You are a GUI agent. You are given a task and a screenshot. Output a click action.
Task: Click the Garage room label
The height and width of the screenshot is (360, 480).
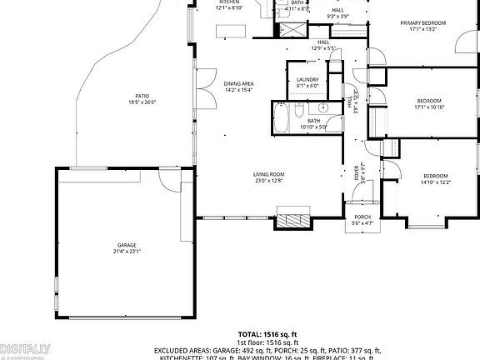[x=127, y=245]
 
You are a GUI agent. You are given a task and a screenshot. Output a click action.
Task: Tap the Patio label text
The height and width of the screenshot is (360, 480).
[x=142, y=96]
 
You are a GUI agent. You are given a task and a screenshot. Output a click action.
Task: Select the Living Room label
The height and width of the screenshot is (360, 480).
[x=268, y=174]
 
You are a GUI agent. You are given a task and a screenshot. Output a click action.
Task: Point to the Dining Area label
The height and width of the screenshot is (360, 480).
[x=238, y=84]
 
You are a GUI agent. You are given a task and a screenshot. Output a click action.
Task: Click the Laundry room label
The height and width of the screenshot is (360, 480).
[x=307, y=80]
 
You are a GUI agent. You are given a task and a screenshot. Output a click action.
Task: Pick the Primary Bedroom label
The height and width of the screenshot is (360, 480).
[x=422, y=22]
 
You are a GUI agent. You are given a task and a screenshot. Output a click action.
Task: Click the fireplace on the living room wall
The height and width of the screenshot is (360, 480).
[x=292, y=221]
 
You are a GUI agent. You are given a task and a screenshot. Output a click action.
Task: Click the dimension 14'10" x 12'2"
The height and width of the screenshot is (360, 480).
[x=435, y=182]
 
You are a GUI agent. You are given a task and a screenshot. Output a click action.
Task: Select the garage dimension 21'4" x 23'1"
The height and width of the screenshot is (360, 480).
[x=127, y=251]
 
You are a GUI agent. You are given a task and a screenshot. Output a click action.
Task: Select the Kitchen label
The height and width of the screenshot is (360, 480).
[x=229, y=2]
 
